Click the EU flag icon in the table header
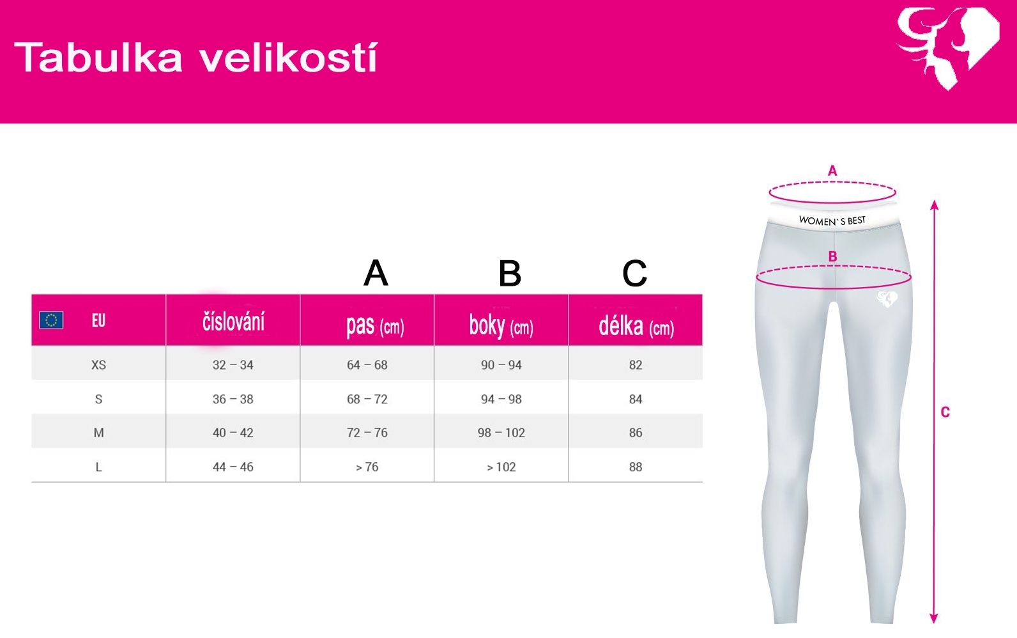point(51,320)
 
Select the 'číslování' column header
point(233,322)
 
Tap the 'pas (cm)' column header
point(375,325)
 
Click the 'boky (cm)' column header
point(501,325)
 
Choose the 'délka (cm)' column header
point(636,325)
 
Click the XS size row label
point(98,365)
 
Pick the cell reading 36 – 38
point(233,399)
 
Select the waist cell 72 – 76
point(367,433)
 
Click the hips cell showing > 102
point(501,467)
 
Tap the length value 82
point(636,365)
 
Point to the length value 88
point(636,467)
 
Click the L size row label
point(98,467)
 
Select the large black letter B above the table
point(510,274)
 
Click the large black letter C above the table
point(635,274)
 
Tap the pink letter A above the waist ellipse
point(832,171)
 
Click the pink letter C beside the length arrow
point(945,412)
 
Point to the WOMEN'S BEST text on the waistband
point(832,221)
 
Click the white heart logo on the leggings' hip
point(887,299)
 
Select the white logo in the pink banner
point(948,48)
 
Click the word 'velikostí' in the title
point(289,58)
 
